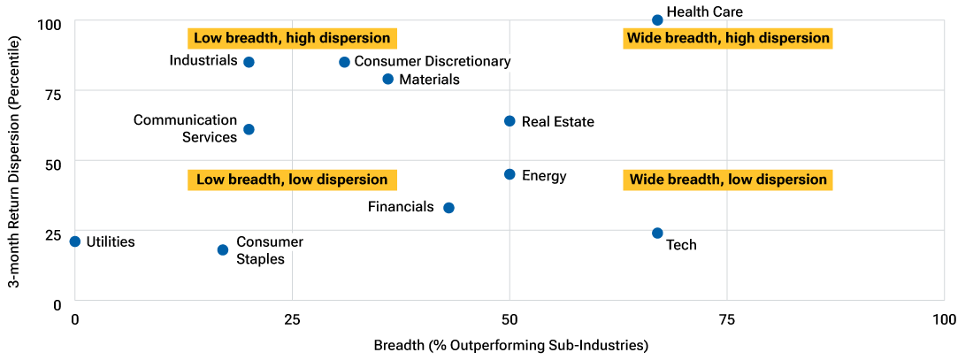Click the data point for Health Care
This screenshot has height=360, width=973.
[x=657, y=19]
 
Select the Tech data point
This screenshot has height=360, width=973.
[x=657, y=233]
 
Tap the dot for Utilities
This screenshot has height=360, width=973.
[x=75, y=241]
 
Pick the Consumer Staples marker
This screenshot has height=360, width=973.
[x=223, y=249]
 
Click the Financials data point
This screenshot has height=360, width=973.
[x=448, y=208]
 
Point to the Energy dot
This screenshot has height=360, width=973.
[x=509, y=174]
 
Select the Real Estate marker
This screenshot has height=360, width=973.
[x=509, y=120]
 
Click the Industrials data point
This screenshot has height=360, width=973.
[x=249, y=62]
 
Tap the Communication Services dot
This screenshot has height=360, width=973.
[x=249, y=129]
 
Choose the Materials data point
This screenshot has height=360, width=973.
[x=387, y=79]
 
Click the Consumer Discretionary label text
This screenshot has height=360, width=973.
[x=432, y=62]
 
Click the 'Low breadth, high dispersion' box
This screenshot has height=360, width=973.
[x=292, y=38]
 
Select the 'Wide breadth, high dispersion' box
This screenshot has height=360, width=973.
[x=727, y=38]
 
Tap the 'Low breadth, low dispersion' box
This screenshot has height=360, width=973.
[x=292, y=180]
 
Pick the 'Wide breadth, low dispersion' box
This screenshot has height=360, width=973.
[x=727, y=180]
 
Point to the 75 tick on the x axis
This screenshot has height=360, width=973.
[x=726, y=318]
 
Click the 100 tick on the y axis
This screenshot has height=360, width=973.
[x=50, y=22]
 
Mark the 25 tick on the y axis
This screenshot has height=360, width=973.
[x=53, y=235]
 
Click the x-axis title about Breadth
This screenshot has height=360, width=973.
[x=511, y=345]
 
